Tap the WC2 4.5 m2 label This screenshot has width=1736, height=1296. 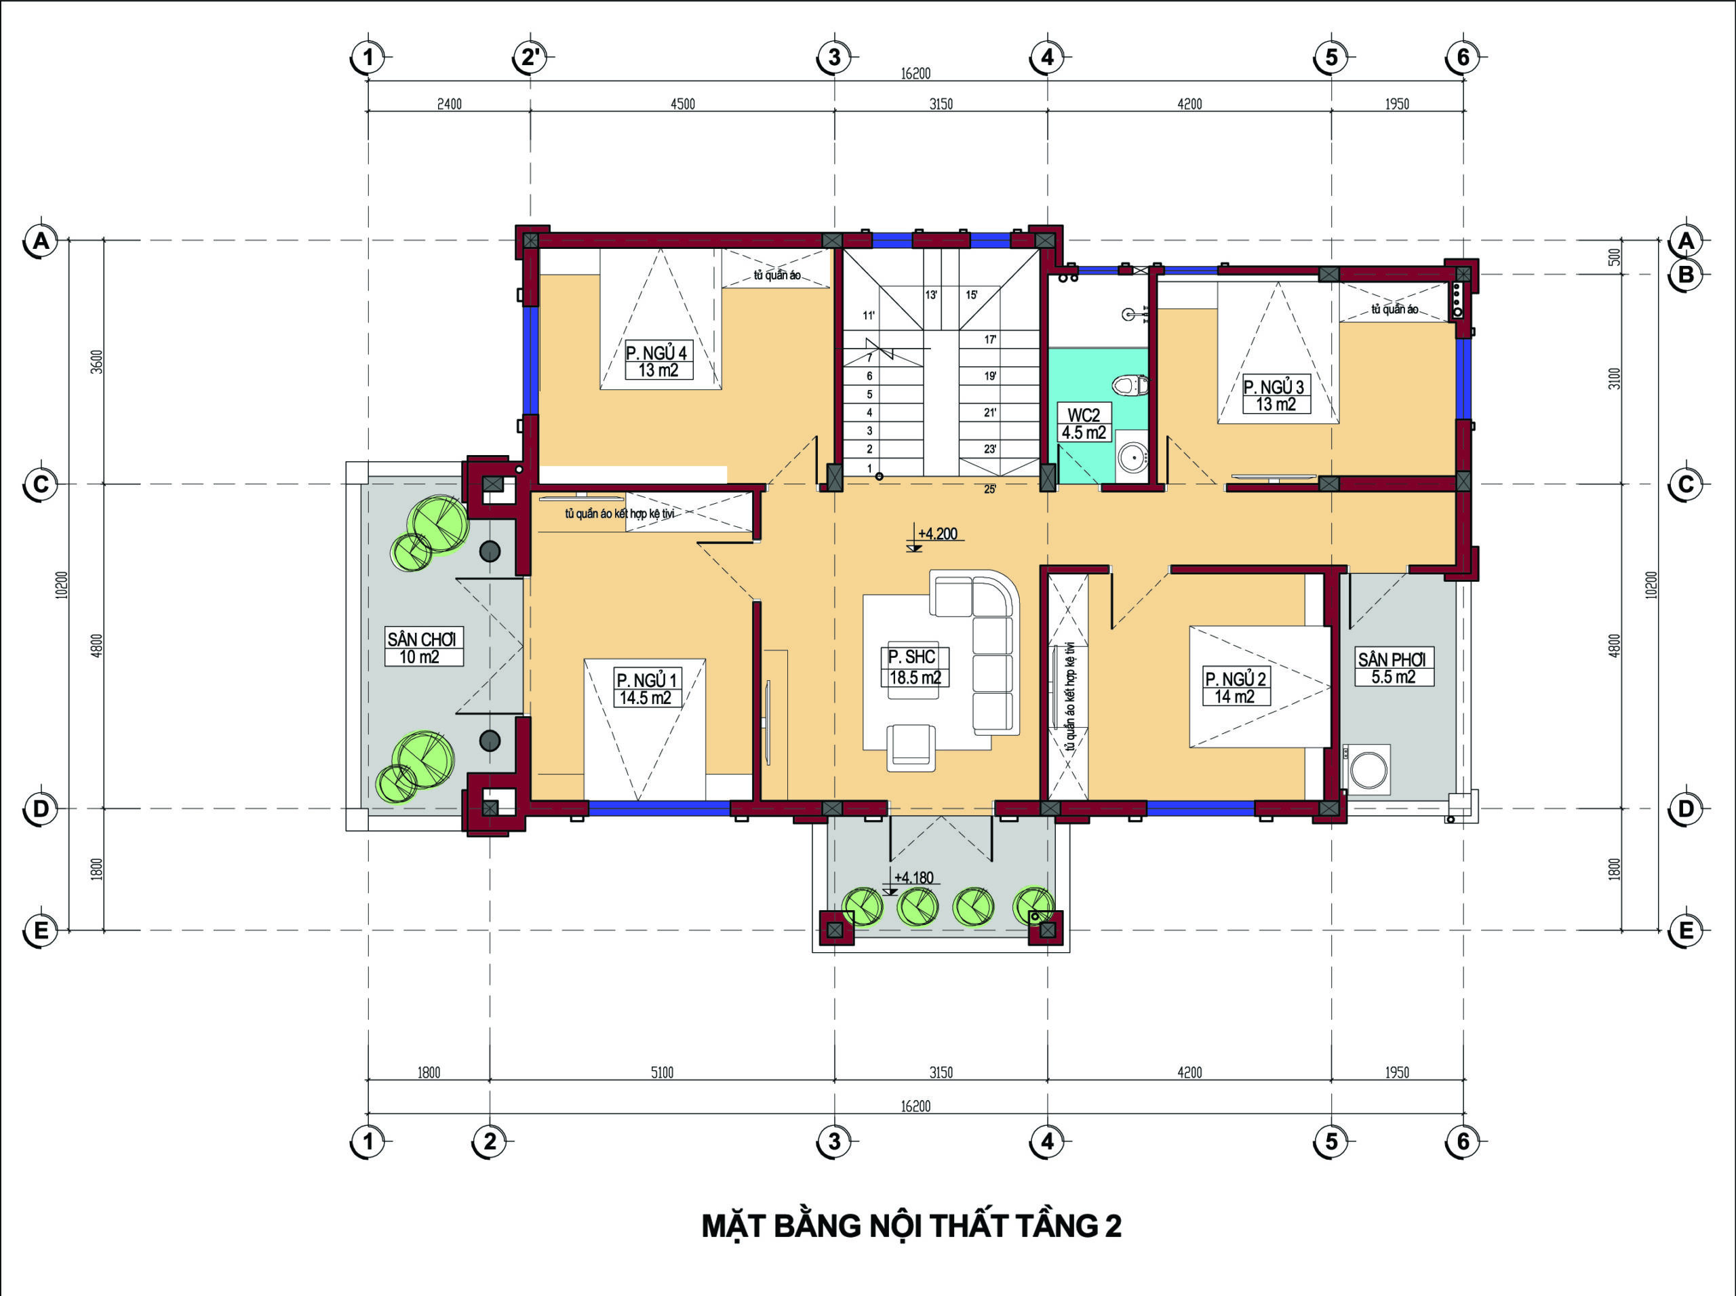tap(1084, 424)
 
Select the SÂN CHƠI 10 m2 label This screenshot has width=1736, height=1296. tap(423, 647)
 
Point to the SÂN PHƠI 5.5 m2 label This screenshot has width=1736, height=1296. tap(1394, 667)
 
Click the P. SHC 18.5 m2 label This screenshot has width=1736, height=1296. tap(915, 667)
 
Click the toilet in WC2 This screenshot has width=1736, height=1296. tap(1130, 385)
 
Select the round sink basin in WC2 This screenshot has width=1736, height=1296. tap(1130, 456)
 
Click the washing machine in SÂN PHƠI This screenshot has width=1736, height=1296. tap(1367, 770)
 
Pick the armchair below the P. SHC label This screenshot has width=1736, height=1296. tap(911, 747)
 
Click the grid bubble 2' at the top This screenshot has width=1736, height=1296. tap(530, 57)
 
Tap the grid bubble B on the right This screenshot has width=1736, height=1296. tap(1685, 275)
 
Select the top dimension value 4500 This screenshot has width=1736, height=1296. tap(682, 104)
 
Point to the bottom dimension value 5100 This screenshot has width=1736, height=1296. tap(662, 1072)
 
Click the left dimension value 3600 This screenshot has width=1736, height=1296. tap(97, 361)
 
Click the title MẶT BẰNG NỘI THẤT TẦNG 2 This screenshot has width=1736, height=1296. tap(911, 1226)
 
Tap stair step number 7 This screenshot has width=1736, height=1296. tap(869, 357)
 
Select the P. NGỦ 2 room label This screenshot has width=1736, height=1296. tap(1236, 687)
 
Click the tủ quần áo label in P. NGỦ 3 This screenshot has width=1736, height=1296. tap(1394, 310)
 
